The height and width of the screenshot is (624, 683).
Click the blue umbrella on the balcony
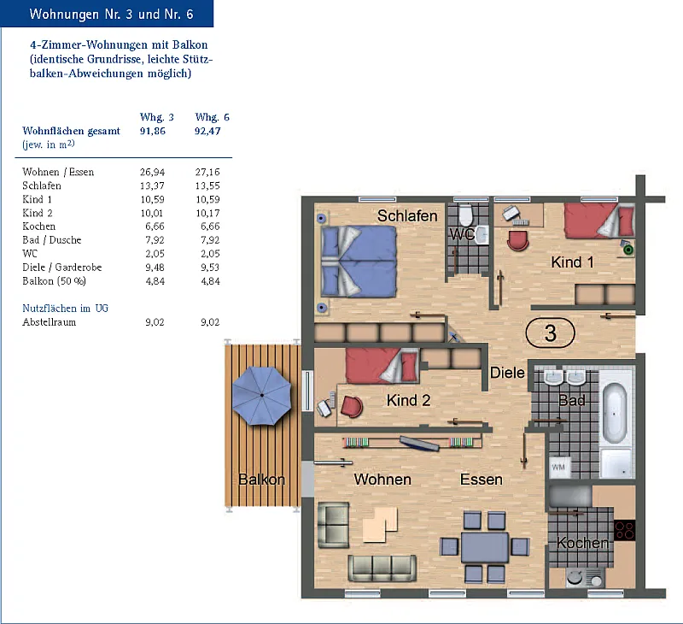[x=262, y=396]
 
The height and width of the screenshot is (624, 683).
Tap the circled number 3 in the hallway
[x=550, y=333]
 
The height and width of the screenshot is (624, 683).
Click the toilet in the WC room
[x=465, y=215]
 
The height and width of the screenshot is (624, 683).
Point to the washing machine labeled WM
[x=559, y=467]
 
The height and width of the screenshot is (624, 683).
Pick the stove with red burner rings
[x=624, y=531]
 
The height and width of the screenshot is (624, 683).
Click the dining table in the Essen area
[x=484, y=547]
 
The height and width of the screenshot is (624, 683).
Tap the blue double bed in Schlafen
[x=359, y=262]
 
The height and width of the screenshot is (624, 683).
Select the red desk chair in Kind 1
[x=518, y=241]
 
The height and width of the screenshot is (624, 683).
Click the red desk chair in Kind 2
[x=352, y=406]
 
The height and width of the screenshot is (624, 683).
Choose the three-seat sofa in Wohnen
[x=382, y=568]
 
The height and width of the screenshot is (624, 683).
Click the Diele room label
[x=507, y=373]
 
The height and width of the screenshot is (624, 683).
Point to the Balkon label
[x=261, y=480]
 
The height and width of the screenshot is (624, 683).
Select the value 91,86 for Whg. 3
[x=153, y=131]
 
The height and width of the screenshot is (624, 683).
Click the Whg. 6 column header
[x=212, y=117]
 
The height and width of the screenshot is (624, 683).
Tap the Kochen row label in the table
[x=38, y=227]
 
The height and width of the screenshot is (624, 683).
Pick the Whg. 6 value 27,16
[x=207, y=172]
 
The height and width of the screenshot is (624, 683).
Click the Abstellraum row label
[x=49, y=322]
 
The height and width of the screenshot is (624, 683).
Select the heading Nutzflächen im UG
[x=66, y=309]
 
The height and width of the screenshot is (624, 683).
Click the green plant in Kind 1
[x=628, y=250]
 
